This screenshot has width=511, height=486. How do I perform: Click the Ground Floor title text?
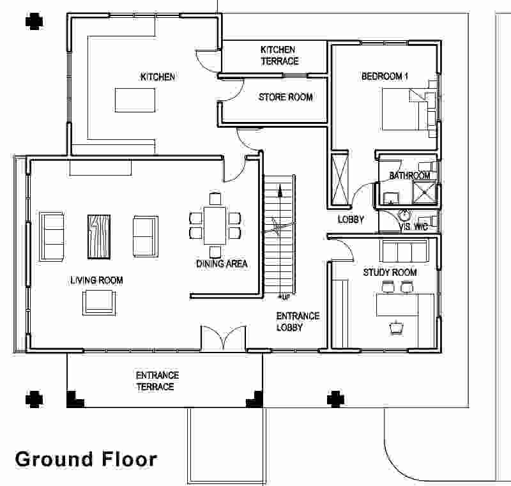pyautogui.click(x=86, y=459)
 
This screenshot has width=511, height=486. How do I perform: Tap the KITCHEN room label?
pyautogui.click(x=157, y=77)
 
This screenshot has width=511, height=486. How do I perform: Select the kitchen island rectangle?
pyautogui.click(x=135, y=100)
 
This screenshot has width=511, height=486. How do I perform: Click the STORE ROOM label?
pyautogui.click(x=286, y=97)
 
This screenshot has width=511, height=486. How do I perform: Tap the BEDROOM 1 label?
pyautogui.click(x=385, y=77)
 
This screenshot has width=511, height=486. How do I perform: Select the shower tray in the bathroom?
pyautogui.click(x=424, y=191)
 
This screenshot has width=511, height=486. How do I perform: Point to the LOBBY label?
pyautogui.click(x=351, y=220)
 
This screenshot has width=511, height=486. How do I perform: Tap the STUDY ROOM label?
pyautogui.click(x=390, y=273)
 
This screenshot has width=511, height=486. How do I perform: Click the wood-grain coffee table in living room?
pyautogui.click(x=100, y=235)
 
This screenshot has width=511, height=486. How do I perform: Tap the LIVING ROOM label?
pyautogui.click(x=96, y=280)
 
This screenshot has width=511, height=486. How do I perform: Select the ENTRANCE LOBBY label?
pyautogui.click(x=298, y=322)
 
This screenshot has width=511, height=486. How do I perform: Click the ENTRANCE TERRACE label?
pyautogui.click(x=157, y=381)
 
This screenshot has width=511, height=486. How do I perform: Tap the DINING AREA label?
pyautogui.click(x=222, y=263)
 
